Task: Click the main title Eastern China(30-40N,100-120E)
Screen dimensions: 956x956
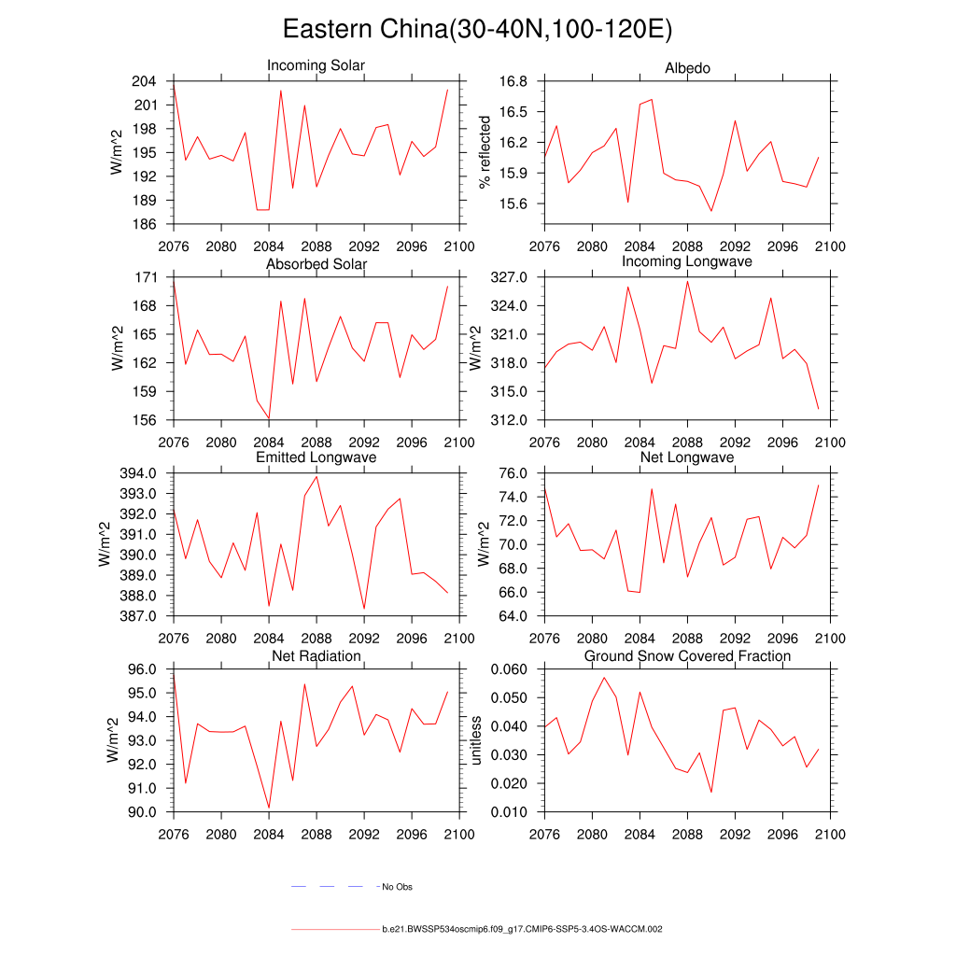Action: click(x=477, y=30)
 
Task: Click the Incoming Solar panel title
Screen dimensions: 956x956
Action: click(x=316, y=66)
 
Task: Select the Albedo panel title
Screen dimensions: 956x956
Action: click(x=687, y=68)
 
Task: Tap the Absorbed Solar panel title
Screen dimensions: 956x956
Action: click(x=316, y=264)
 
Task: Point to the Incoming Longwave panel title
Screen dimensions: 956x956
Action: click(x=687, y=261)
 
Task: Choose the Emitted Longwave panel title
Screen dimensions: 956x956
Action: click(x=316, y=457)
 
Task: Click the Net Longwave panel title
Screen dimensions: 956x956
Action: click(x=687, y=457)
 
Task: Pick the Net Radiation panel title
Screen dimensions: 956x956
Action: click(x=316, y=656)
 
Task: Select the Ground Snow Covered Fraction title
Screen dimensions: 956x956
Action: click(x=687, y=656)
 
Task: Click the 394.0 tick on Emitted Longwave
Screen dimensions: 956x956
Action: click(x=135, y=473)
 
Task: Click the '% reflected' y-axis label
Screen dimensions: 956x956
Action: click(x=484, y=152)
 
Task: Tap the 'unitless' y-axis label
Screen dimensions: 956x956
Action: click(x=476, y=740)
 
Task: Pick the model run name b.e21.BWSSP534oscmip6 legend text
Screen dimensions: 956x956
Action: click(x=522, y=930)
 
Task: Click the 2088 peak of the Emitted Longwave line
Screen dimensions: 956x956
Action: click(x=316, y=476)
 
